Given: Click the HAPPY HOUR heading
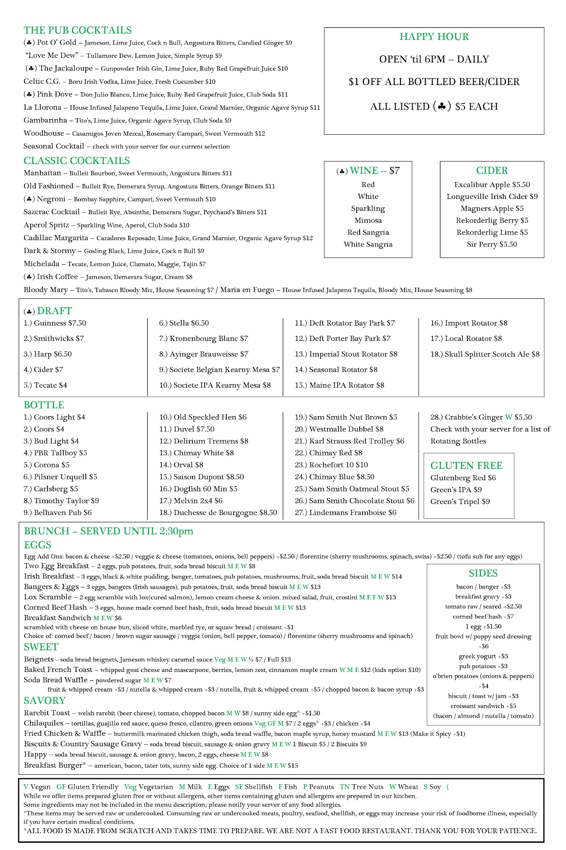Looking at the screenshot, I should point(434,37).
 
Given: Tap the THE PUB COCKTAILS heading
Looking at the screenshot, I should point(78,30).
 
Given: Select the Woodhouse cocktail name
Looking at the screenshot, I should point(44,133).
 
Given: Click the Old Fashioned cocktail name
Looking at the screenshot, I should point(48,186).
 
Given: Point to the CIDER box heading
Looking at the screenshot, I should point(492,170).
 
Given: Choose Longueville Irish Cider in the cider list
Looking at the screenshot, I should point(492,196).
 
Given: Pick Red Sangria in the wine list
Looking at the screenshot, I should point(368,232).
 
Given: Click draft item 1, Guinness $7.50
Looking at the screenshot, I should point(55,323).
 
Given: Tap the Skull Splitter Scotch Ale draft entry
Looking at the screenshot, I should point(485,354).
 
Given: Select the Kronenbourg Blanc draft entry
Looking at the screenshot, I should point(203,339).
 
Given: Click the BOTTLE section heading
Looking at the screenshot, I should point(44,405).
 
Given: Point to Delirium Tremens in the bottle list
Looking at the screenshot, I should point(204,441).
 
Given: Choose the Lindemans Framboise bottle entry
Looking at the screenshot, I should point(346,513).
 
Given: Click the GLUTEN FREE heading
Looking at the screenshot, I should point(466,465).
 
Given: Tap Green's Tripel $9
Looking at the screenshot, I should point(460,501).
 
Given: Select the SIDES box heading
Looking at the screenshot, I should point(483,573).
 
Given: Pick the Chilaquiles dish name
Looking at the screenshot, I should point(43,723).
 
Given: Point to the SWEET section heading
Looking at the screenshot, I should point(41,647).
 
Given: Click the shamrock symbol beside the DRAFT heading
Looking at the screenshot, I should point(30,312).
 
